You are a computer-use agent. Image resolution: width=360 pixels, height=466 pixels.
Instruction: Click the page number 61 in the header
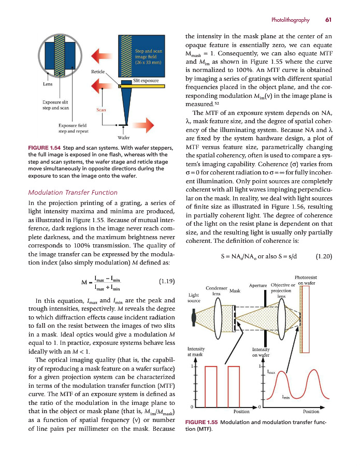(x=328, y=20)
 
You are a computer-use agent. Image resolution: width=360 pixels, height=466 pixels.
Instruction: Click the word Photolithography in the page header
(x=290, y=20)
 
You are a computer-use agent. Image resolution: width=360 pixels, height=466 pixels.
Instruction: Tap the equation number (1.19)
(x=166, y=282)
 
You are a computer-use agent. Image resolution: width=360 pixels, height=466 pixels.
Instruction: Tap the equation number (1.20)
(x=323, y=255)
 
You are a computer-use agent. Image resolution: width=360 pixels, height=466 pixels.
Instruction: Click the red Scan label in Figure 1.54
(x=102, y=109)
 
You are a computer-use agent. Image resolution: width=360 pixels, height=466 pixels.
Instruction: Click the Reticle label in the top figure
(x=98, y=71)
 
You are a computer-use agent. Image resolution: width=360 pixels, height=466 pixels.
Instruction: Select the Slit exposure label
(x=146, y=81)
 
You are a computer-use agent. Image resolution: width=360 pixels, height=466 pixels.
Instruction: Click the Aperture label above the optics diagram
(x=258, y=286)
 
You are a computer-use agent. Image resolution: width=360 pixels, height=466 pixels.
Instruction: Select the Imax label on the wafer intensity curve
(x=271, y=372)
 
